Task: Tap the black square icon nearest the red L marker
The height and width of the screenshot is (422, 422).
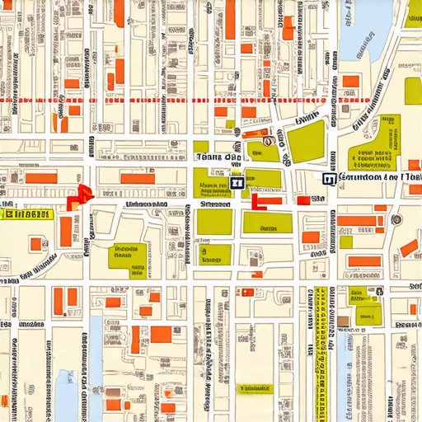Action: (237, 184)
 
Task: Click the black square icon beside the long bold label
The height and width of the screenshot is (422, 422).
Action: (328, 178)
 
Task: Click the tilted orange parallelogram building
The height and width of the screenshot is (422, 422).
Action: (409, 247)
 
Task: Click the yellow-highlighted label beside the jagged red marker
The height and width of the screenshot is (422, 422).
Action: (26, 214)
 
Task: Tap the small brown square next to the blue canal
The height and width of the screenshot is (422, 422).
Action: (342, 321)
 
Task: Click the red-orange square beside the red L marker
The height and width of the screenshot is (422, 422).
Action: (303, 200)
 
